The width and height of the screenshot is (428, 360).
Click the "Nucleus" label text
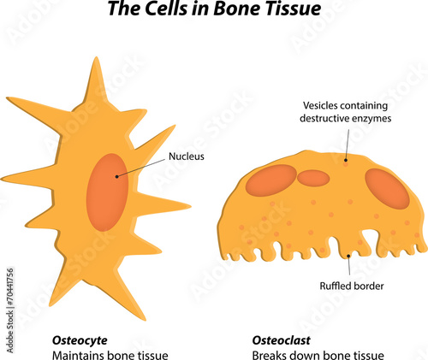[x=186, y=156]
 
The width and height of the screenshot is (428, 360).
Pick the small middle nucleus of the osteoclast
[x=312, y=178]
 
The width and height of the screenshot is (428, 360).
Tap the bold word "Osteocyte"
[x=80, y=340]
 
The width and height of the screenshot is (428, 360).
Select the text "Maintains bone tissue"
[x=110, y=355]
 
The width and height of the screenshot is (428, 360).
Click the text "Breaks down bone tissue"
[x=318, y=355]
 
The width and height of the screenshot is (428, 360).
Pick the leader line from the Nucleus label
[x=140, y=166]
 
